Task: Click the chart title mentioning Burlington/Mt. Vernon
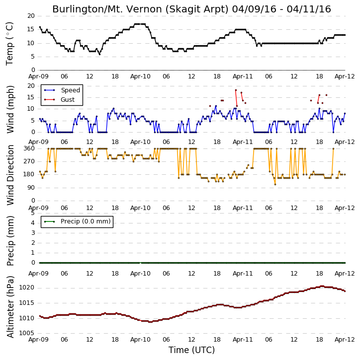click(191, 9)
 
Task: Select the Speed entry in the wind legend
click(62, 90)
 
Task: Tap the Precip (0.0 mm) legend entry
click(77, 221)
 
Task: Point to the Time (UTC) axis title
click(191, 350)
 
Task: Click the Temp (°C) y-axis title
click(9, 44)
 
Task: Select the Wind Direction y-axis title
click(10, 175)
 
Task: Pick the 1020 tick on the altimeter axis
click(26, 288)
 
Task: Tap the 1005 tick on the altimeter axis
click(26, 333)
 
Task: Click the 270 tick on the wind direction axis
click(29, 161)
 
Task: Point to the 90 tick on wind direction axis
click(31, 188)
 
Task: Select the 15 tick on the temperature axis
click(31, 29)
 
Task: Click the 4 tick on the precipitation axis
click(33, 223)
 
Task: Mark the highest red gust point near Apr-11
click(236, 90)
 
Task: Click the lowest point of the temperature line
click(99, 54)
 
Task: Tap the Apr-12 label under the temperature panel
click(345, 76)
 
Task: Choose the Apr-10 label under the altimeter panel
click(140, 340)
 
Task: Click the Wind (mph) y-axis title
click(10, 109)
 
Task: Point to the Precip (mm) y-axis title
click(10, 241)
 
